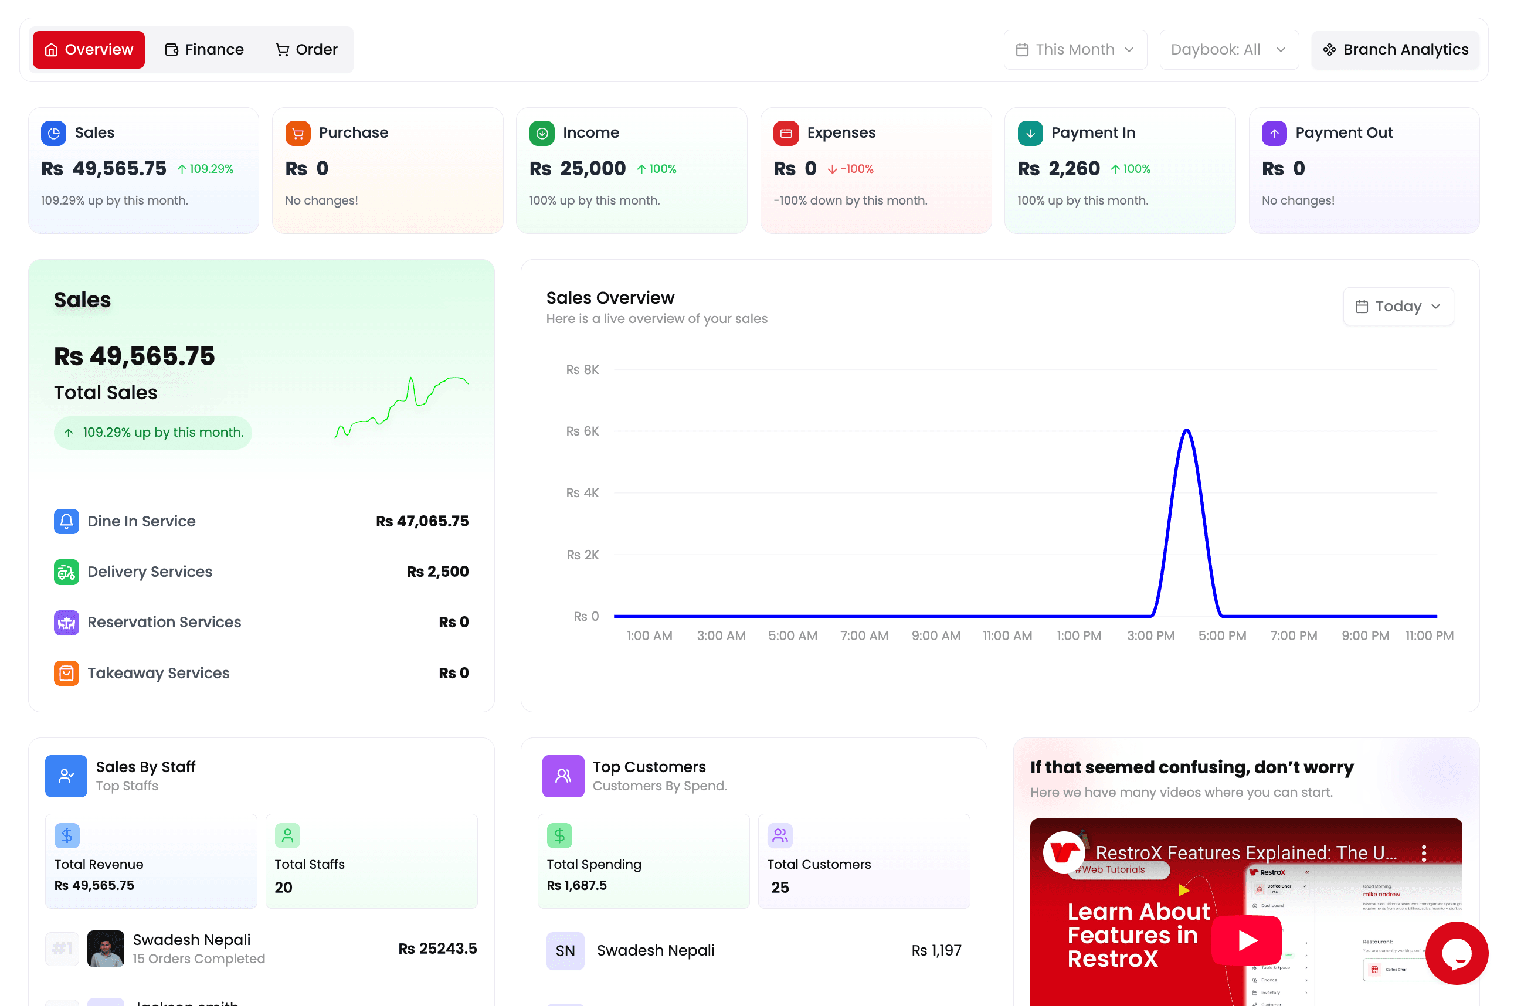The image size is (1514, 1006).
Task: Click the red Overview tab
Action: [89, 49]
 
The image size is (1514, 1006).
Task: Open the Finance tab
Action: [205, 49]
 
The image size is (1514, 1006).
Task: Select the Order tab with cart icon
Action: [306, 49]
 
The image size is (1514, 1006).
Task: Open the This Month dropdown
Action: [1075, 49]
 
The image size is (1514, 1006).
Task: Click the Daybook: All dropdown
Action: [1228, 49]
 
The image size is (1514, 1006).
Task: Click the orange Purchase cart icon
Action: [298, 133]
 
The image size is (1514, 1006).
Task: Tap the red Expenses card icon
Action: [785, 133]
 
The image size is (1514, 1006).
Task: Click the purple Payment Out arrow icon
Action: [1274, 133]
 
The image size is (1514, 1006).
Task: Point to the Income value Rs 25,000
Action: [577, 169]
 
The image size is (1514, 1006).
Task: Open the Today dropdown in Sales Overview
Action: [1397, 306]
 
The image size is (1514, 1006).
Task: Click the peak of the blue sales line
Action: [1186, 430]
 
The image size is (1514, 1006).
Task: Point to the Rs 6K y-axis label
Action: [582, 431]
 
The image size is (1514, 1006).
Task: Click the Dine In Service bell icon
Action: [66, 521]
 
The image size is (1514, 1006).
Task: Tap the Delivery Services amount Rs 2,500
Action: [437, 571]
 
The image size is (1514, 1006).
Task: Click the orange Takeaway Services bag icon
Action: [66, 672]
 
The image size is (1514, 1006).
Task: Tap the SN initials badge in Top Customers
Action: [565, 950]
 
